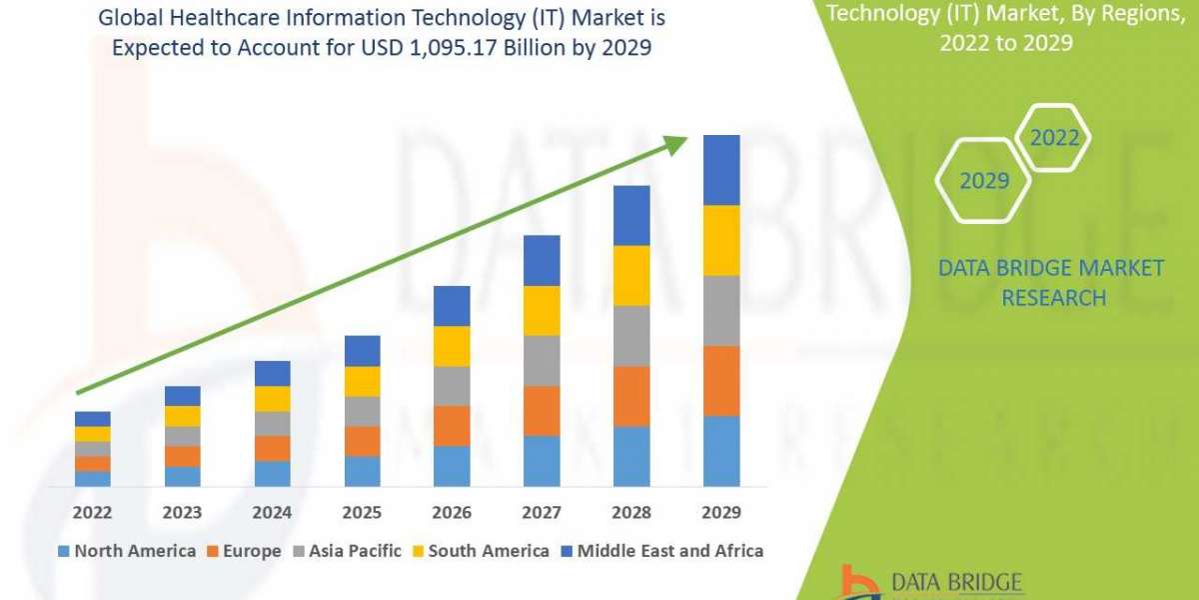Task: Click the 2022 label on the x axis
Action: (x=92, y=513)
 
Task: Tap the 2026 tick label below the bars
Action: (x=452, y=513)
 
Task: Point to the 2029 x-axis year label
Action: (x=721, y=513)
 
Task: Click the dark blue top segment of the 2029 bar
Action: (x=721, y=170)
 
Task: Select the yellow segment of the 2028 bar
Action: (x=631, y=275)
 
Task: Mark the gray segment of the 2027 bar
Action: (x=542, y=360)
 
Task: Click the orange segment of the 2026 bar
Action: (x=452, y=425)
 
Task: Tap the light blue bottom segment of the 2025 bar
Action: (x=362, y=471)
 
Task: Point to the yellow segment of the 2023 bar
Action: (x=182, y=416)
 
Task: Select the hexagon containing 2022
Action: (x=1054, y=138)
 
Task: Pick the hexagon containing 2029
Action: (x=983, y=181)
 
